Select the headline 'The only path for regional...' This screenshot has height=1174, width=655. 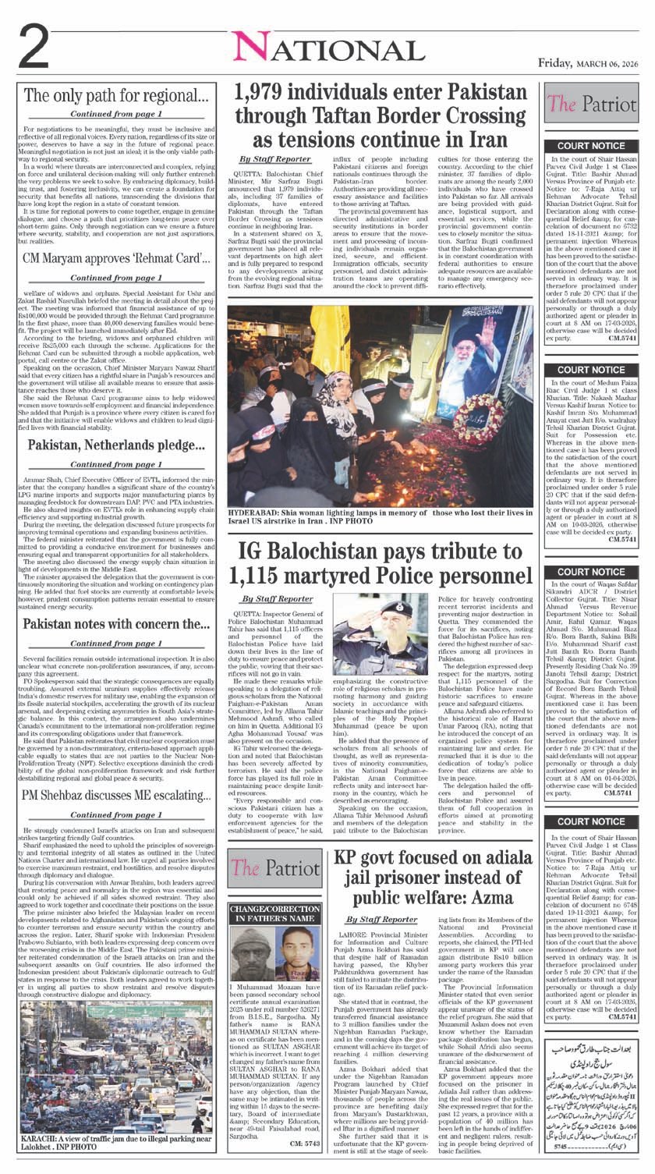tap(116, 97)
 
